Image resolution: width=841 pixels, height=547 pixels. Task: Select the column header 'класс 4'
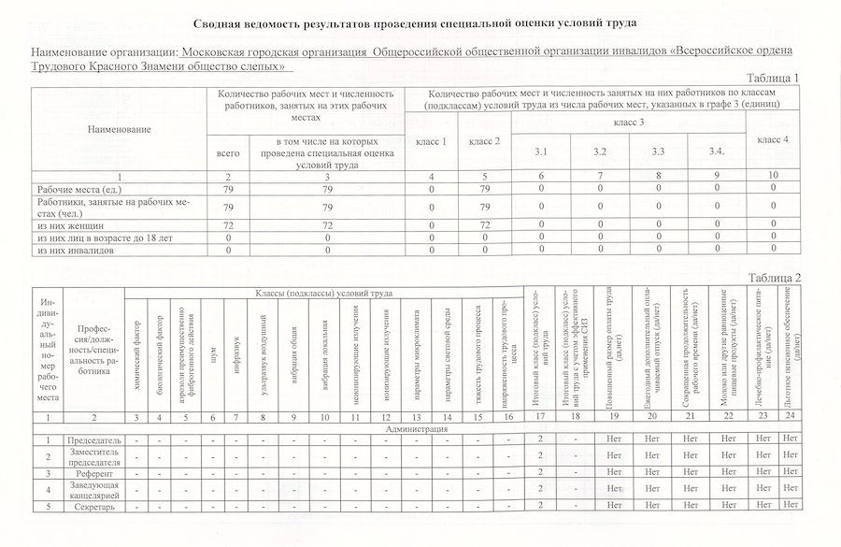click(772, 138)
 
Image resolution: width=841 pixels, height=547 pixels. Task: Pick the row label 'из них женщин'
click(64, 225)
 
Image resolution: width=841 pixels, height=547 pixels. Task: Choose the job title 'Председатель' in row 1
click(92, 439)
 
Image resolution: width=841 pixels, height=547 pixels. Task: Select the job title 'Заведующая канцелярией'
click(92, 490)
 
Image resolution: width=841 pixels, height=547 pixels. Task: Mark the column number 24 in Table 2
click(791, 417)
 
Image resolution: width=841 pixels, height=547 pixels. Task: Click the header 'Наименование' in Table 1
click(120, 128)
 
